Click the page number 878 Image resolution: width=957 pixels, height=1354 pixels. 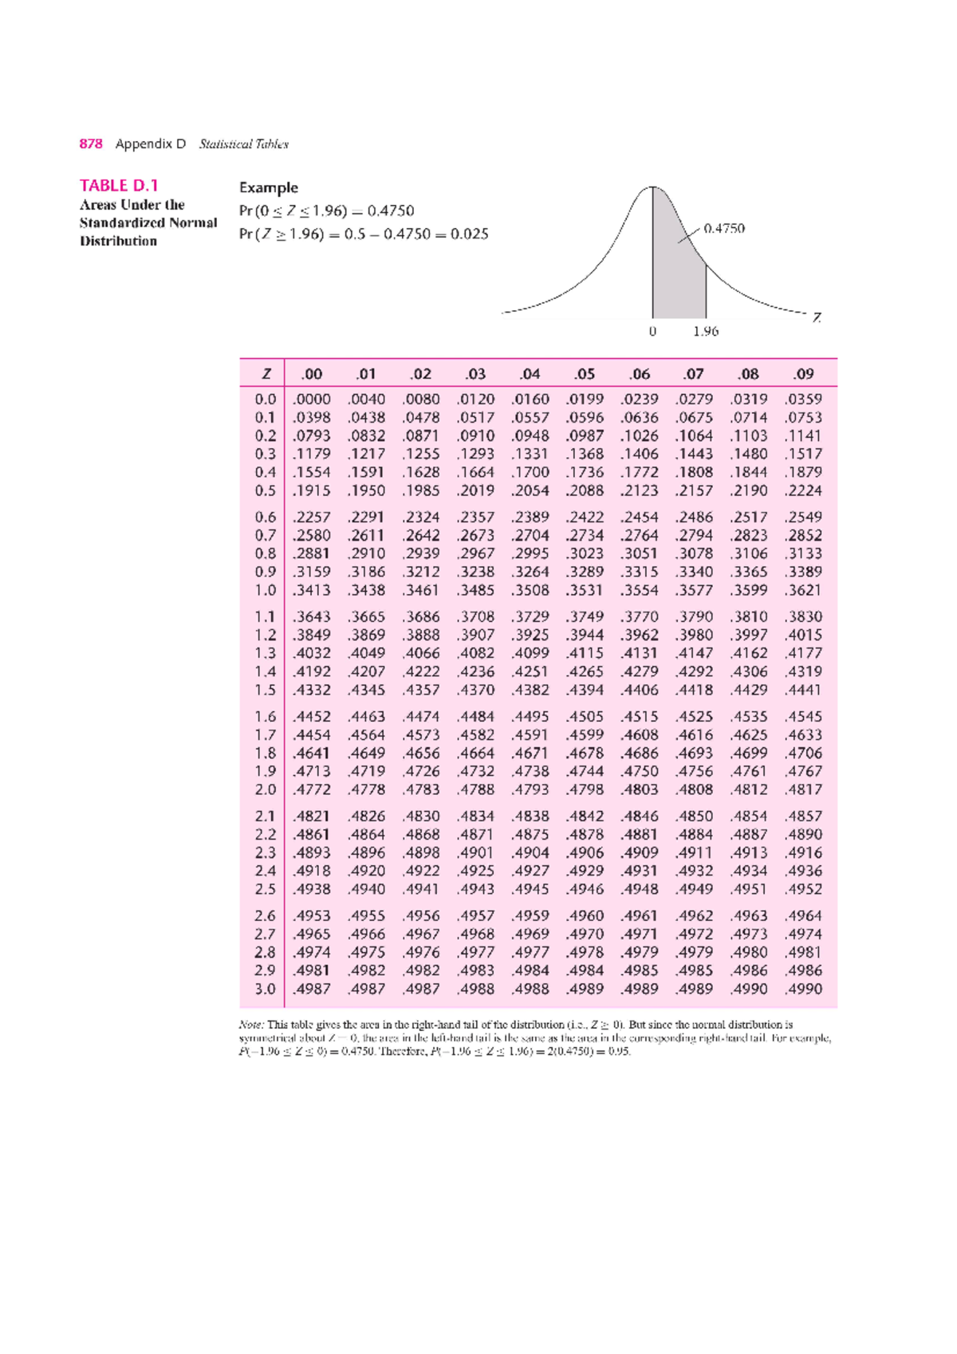(x=91, y=144)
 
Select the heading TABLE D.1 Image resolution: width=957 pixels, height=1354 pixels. (x=119, y=186)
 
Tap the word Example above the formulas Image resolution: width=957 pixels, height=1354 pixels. (x=268, y=187)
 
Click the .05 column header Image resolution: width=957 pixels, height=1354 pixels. (x=585, y=374)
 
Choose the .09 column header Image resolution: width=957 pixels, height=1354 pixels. (x=803, y=374)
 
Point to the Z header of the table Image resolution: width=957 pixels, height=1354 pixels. (x=266, y=374)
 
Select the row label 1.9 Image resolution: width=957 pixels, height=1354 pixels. (x=266, y=771)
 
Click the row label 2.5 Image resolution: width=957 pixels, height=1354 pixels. (x=266, y=889)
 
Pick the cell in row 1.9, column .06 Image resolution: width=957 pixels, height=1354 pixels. (x=640, y=771)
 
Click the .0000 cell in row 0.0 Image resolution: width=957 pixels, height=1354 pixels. (x=311, y=399)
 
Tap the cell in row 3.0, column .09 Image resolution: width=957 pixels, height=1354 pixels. (x=803, y=989)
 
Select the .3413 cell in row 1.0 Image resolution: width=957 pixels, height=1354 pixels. (x=311, y=590)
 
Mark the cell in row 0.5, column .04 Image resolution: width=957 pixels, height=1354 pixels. (x=530, y=490)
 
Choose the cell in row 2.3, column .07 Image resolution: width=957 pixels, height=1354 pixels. (x=694, y=852)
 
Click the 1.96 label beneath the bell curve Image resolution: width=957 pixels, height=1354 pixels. (x=706, y=331)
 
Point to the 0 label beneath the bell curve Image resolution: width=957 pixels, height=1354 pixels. (x=652, y=331)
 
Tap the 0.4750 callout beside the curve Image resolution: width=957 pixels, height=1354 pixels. (x=724, y=228)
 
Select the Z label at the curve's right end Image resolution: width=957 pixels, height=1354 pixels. (x=817, y=317)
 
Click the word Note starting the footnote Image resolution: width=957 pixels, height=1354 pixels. (x=251, y=1025)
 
